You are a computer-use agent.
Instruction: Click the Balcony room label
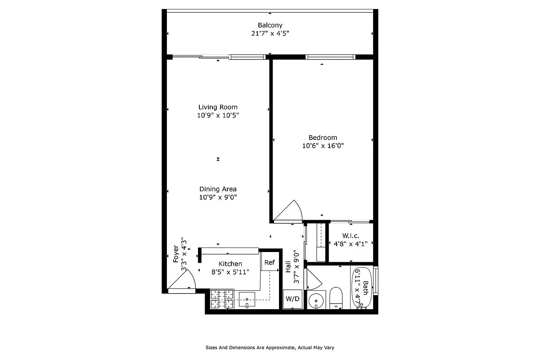click(x=270, y=25)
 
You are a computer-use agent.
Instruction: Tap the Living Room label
click(x=218, y=107)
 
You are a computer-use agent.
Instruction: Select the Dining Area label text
click(x=218, y=189)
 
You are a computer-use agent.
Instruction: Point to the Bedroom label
click(x=323, y=138)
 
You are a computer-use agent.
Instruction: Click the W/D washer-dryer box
click(x=293, y=299)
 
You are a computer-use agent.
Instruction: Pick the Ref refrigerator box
click(x=270, y=262)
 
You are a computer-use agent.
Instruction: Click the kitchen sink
click(x=247, y=299)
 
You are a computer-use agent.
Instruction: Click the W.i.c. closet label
click(x=350, y=236)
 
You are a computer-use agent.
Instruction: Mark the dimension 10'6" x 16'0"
click(x=323, y=146)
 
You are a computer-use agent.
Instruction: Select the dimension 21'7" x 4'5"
click(x=270, y=33)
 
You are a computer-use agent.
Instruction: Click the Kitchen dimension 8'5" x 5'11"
click(x=230, y=272)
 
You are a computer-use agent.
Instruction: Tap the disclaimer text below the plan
click(x=270, y=347)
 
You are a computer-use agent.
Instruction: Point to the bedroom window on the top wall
click(x=330, y=57)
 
